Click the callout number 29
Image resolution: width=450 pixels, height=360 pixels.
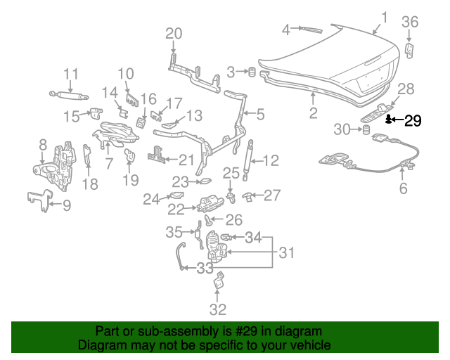(x=412, y=120)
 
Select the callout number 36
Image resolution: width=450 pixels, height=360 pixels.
(x=410, y=22)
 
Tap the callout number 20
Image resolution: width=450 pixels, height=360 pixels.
(x=174, y=32)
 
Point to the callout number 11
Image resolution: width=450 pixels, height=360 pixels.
(x=71, y=75)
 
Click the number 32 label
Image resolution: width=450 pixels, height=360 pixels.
(x=218, y=309)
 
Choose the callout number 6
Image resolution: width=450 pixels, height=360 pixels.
(x=403, y=188)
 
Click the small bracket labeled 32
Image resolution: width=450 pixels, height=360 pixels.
(x=219, y=281)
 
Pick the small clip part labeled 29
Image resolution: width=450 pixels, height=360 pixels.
(x=388, y=120)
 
